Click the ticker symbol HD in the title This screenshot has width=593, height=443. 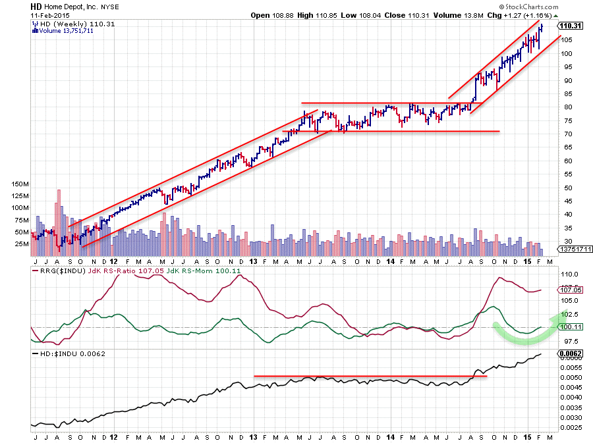(x=36, y=6)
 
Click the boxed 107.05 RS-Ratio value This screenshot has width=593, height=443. (x=570, y=290)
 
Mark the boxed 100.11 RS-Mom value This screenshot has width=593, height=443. (x=570, y=327)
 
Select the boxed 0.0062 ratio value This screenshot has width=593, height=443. (x=570, y=353)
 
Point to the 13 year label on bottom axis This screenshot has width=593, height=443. (x=254, y=436)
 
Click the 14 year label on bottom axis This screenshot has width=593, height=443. (x=389, y=436)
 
